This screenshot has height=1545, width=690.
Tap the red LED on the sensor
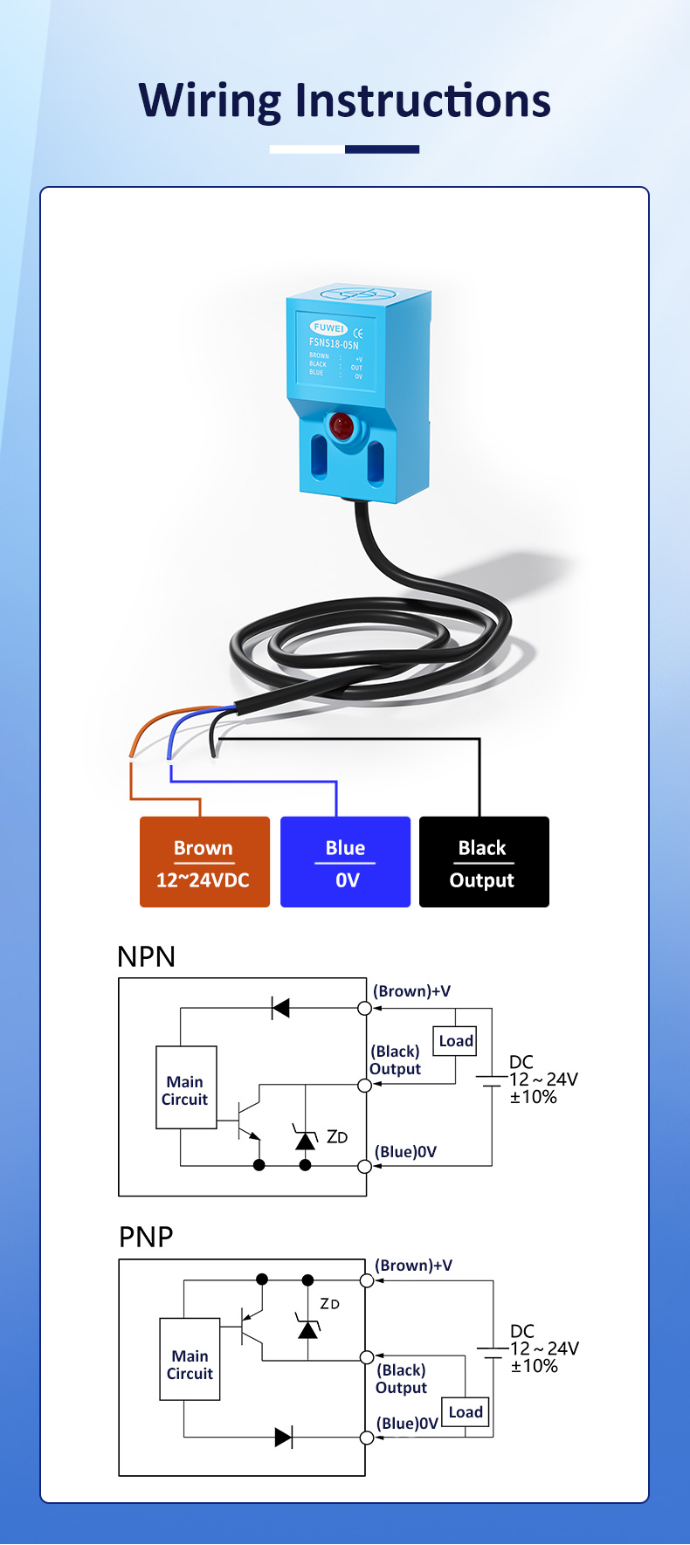tap(342, 426)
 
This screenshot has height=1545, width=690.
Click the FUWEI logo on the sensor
tap(329, 328)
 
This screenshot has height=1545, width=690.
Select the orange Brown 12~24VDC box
tap(204, 862)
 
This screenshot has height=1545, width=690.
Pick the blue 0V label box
tap(345, 862)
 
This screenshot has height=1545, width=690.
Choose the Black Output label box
tap(484, 862)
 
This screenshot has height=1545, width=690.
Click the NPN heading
tap(147, 956)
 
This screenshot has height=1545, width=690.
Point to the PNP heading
tap(146, 1237)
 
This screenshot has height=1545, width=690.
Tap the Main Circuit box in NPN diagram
tap(186, 1088)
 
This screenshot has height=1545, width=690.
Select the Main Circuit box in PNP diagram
tap(190, 1360)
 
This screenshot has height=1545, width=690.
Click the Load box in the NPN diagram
tap(456, 1041)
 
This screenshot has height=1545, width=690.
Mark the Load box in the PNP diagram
tap(465, 1412)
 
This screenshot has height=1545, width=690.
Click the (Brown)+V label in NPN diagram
tap(411, 991)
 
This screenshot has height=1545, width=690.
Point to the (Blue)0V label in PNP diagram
tap(407, 1424)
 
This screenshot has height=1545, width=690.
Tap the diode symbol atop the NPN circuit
tap(280, 1009)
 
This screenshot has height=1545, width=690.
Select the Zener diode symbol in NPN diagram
tap(305, 1140)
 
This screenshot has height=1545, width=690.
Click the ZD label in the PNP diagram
tap(329, 1304)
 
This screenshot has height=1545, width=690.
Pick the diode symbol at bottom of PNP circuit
tap(283, 1438)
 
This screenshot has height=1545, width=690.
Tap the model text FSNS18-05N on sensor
tap(334, 343)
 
